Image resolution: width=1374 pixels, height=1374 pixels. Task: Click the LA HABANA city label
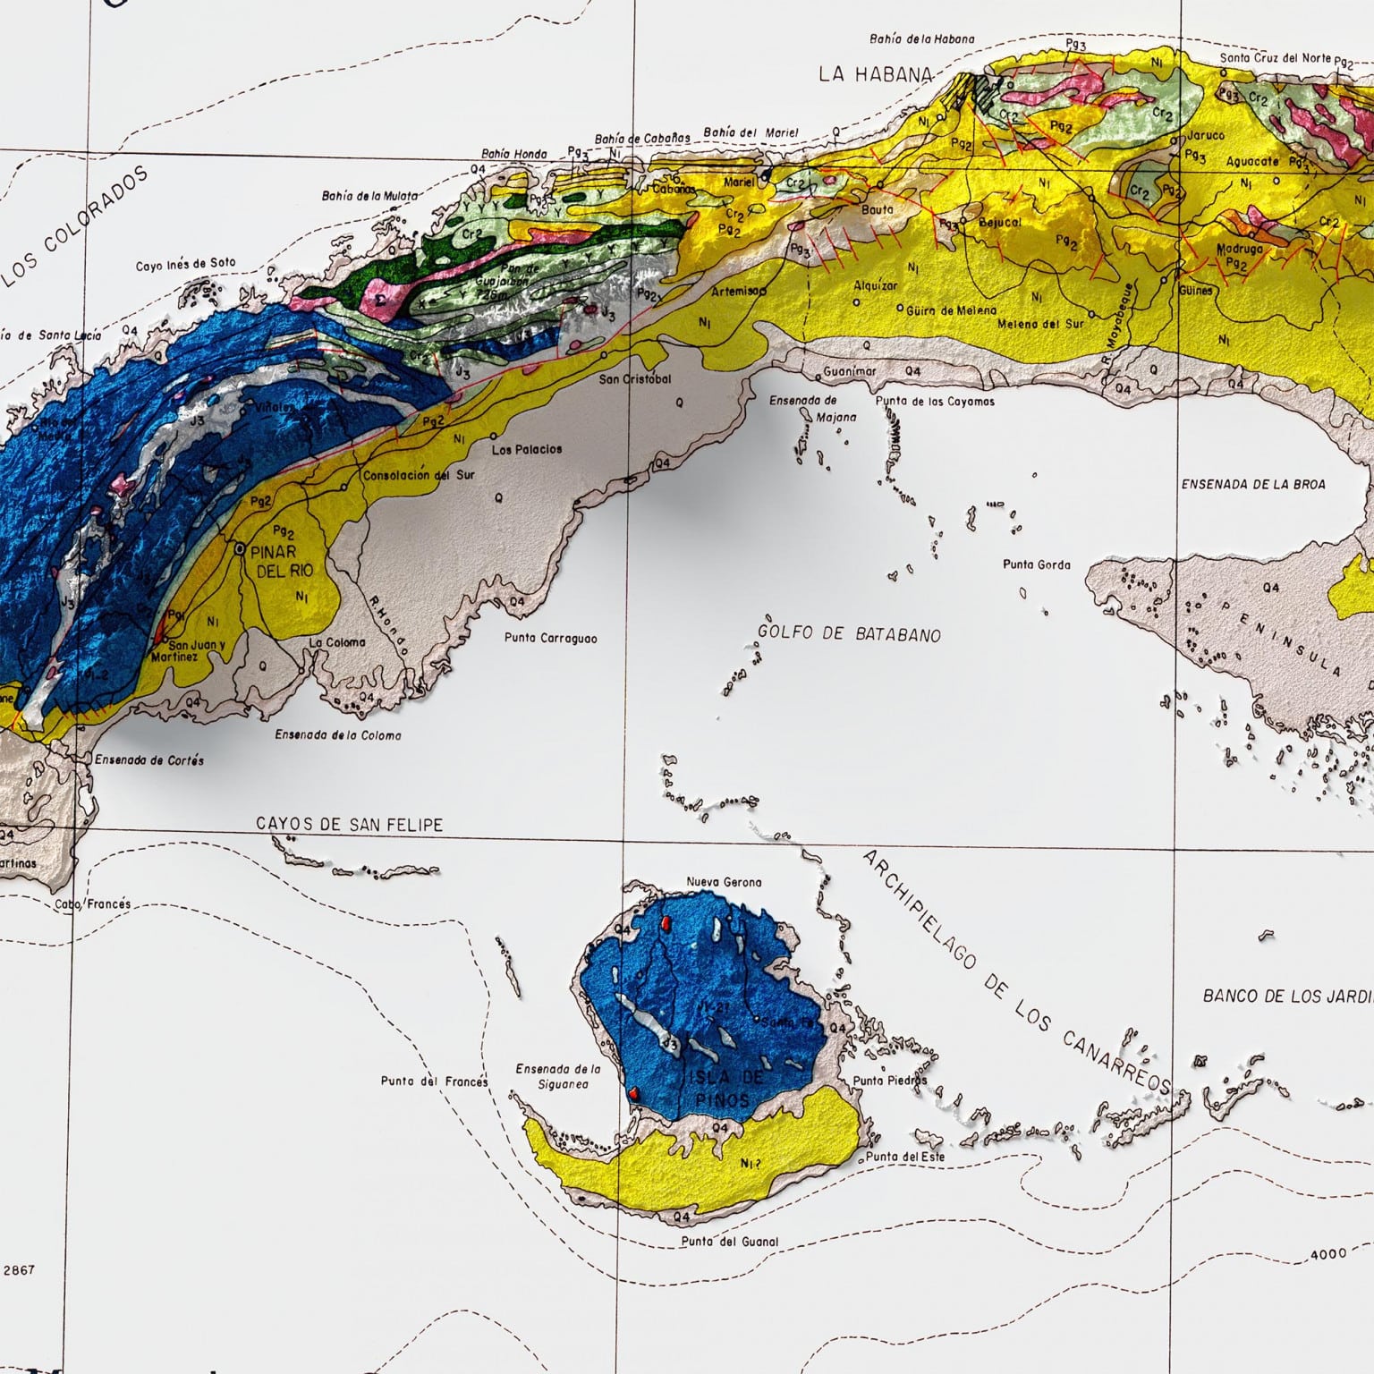click(x=876, y=74)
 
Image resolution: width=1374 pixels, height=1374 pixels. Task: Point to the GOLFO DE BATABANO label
click(x=849, y=633)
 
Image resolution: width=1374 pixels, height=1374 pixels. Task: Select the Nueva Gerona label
click(x=724, y=882)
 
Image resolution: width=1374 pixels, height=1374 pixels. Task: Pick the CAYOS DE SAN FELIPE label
click(x=349, y=824)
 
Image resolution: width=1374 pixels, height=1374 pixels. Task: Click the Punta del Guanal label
click(x=729, y=1242)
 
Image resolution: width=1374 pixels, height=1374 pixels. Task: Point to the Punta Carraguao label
click(x=550, y=639)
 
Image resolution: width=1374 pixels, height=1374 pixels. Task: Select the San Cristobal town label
click(x=635, y=378)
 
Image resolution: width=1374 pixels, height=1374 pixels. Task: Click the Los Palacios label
click(x=527, y=449)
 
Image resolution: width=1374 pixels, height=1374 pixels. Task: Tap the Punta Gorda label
click(x=1036, y=564)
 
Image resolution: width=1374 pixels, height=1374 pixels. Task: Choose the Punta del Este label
click(x=904, y=1157)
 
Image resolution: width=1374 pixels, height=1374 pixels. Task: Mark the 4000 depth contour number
click(x=1328, y=1254)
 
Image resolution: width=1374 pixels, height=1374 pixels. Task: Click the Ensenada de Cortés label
click(x=149, y=760)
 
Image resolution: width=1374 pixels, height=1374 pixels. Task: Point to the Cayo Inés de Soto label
click(x=186, y=265)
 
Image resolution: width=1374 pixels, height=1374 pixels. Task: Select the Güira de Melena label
click(x=951, y=310)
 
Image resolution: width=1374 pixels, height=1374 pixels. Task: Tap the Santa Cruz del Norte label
click(x=1276, y=58)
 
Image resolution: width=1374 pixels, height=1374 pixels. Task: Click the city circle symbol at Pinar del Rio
click(x=239, y=551)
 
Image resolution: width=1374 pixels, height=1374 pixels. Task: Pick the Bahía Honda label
click(x=513, y=154)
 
